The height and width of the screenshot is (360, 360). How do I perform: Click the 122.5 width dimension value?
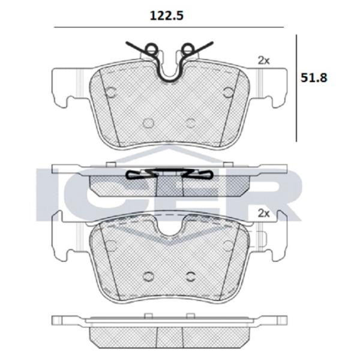point(167,16)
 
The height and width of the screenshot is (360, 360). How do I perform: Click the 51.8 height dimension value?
point(314,78)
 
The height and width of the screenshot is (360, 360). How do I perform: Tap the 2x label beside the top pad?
point(264,61)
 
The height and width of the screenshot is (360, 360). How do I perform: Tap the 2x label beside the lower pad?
point(264,213)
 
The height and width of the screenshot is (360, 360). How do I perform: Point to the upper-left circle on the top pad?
point(112,92)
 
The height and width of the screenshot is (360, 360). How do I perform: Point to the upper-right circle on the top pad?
point(228,92)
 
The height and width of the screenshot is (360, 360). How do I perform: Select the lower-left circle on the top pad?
point(148,123)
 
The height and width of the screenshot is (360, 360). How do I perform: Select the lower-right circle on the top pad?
point(191,123)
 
